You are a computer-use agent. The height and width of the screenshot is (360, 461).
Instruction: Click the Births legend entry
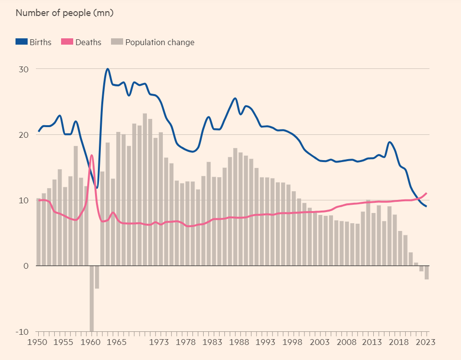(x=33, y=42)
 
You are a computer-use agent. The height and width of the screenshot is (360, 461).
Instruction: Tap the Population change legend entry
(x=153, y=42)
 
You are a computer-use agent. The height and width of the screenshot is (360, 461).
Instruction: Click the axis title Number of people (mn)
(x=64, y=13)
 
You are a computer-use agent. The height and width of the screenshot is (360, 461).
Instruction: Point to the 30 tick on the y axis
(x=24, y=69)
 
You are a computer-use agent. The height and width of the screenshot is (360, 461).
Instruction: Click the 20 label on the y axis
(x=24, y=135)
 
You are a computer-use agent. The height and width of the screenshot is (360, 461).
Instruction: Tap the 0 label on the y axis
(x=26, y=266)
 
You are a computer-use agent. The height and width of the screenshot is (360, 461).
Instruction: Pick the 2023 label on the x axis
(x=426, y=342)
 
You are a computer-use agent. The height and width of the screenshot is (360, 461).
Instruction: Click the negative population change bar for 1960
(x=92, y=298)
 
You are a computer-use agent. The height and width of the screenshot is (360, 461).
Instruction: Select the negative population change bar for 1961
(x=97, y=277)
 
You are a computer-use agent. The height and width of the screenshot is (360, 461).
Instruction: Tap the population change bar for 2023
(x=427, y=272)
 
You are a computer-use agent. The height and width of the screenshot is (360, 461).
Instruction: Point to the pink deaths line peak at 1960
(x=91, y=155)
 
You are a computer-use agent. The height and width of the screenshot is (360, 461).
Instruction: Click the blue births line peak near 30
(x=108, y=69)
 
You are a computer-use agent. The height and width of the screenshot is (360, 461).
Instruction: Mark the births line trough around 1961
(x=97, y=188)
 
